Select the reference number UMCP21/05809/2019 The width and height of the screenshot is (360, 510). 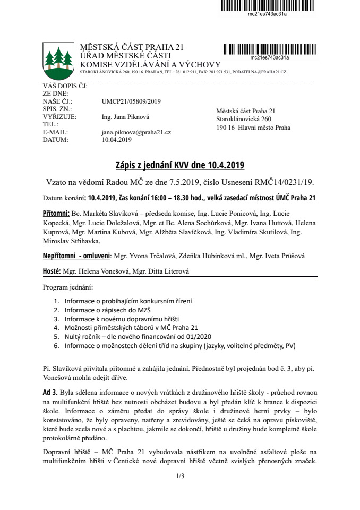[x=131, y=100]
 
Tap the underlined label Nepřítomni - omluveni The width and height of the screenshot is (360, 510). [x=76, y=256]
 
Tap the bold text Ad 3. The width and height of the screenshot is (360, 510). [x=50, y=390]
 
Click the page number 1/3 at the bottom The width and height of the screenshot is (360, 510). [x=179, y=476]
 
